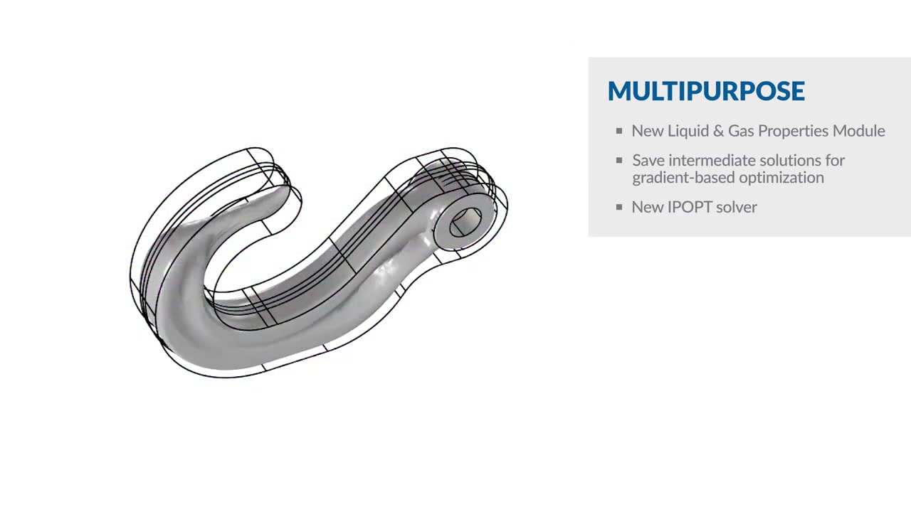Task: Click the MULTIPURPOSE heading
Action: (x=706, y=91)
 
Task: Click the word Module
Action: (x=862, y=131)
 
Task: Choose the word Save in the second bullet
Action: (x=648, y=161)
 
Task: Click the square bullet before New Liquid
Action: (x=619, y=131)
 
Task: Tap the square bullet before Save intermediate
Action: (x=619, y=161)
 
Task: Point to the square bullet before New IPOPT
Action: (x=619, y=207)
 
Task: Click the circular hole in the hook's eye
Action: (x=466, y=220)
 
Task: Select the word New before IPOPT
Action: (x=647, y=207)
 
